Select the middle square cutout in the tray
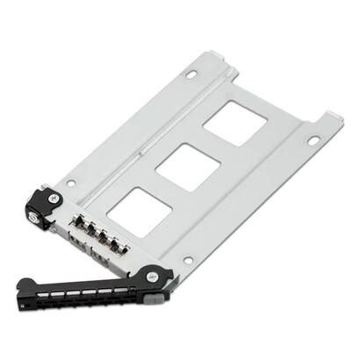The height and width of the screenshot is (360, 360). point(181,164)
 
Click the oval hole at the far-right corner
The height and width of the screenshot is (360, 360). point(313,140)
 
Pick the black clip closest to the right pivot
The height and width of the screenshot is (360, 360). point(122,248)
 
